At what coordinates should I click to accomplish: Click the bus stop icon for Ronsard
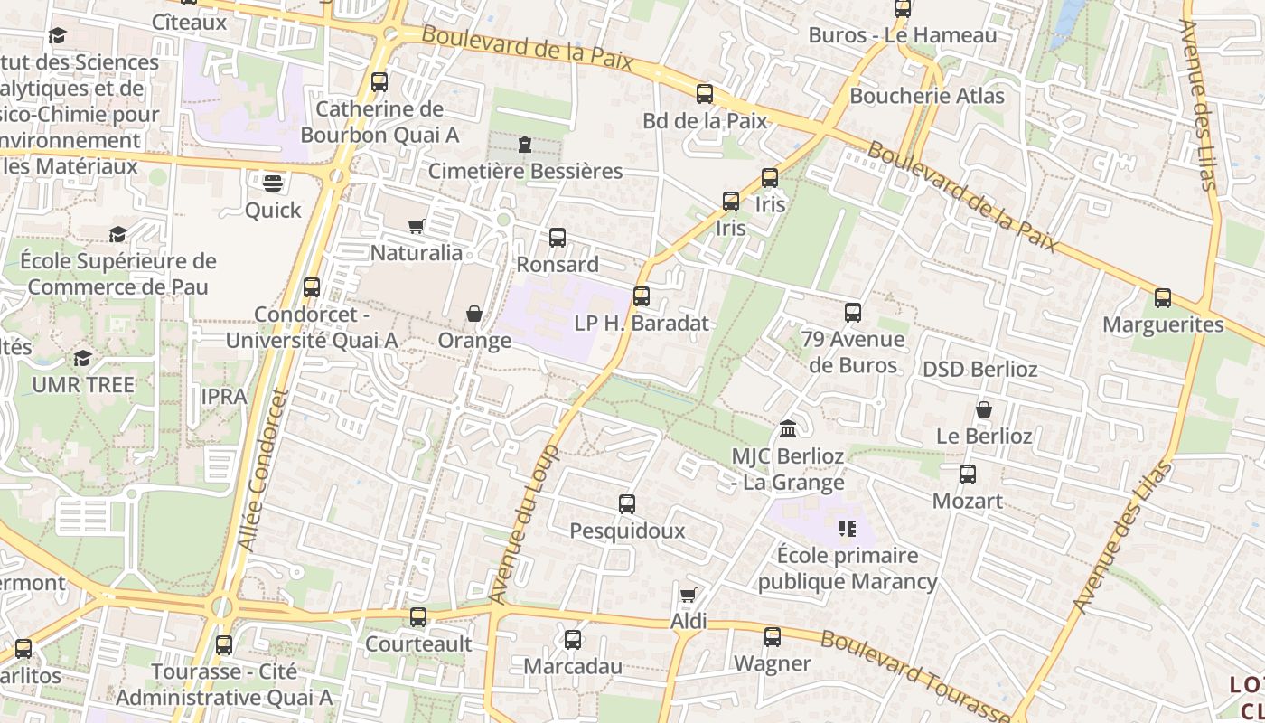point(558,238)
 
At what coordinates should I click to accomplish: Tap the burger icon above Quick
point(273,183)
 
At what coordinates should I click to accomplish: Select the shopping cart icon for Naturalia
point(417,226)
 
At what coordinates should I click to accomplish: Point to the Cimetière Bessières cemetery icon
point(525,145)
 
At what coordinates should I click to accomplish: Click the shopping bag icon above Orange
point(473,314)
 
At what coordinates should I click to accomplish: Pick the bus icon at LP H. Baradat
point(642,296)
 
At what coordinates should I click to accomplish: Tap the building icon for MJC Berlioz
point(787,428)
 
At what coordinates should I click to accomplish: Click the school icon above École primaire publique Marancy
point(847,528)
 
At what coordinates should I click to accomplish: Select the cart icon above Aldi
point(688,595)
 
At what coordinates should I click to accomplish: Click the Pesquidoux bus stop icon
point(627,504)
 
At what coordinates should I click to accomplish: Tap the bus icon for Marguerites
point(1163,298)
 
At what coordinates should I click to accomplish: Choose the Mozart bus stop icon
point(968,474)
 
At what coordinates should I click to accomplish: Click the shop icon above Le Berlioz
point(984,409)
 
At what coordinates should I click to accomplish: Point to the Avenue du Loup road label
point(524,524)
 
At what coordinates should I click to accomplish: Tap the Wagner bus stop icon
point(773,637)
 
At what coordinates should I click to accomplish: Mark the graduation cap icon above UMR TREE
point(82,358)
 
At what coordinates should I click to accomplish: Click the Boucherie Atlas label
point(927,95)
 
